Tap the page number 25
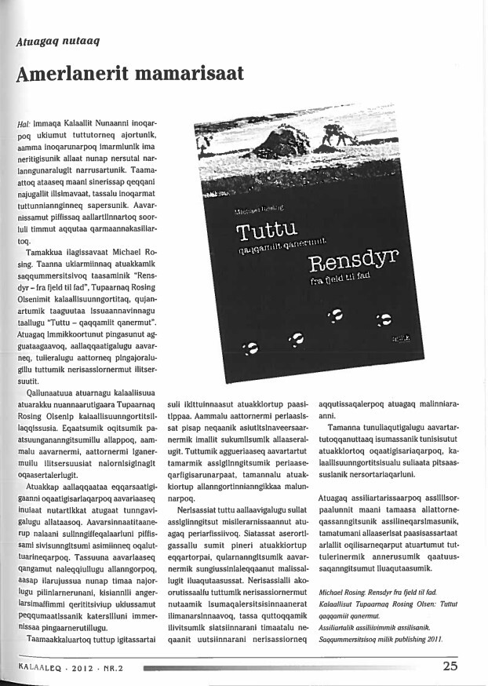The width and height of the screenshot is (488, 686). (x=450, y=667)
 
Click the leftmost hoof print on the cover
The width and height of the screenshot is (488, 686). (x=253, y=347)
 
